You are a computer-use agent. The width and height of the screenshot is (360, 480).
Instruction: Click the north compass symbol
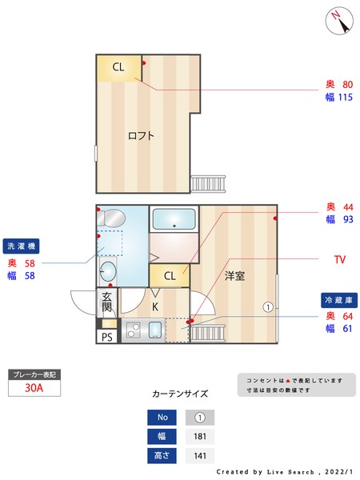(340, 20)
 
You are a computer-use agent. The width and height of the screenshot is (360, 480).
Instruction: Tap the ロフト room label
(141, 135)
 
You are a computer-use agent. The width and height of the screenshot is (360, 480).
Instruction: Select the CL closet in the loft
(118, 67)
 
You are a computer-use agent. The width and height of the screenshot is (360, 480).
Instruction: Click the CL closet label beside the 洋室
(170, 276)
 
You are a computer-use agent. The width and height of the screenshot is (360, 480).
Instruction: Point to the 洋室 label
(234, 276)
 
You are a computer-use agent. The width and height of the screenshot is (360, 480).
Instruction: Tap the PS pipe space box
(106, 337)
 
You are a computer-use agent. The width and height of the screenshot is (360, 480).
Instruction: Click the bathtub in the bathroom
(174, 219)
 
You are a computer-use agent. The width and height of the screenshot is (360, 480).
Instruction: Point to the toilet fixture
(111, 216)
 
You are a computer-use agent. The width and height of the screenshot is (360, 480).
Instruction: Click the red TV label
(340, 260)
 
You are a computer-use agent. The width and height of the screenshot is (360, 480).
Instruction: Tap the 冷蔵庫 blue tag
(336, 299)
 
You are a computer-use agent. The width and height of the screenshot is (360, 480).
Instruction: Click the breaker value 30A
(34, 388)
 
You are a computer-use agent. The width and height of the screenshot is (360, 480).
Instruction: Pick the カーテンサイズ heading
(180, 394)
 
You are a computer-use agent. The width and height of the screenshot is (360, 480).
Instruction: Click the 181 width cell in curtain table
(202, 437)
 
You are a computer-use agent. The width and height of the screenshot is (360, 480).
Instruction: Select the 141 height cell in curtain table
(202, 456)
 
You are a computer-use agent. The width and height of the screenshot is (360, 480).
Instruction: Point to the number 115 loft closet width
(345, 98)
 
